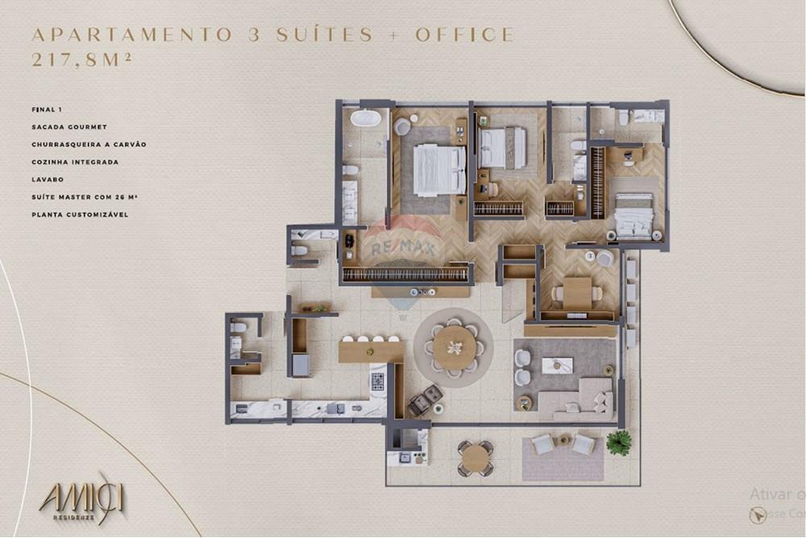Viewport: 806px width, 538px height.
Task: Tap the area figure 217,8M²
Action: tap(81, 59)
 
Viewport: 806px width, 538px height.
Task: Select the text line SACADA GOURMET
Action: tap(69, 127)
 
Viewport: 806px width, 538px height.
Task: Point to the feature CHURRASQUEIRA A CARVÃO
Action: tap(89, 144)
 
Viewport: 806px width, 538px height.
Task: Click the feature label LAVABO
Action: tap(48, 179)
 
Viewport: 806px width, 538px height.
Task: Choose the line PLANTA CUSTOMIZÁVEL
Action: tap(80, 215)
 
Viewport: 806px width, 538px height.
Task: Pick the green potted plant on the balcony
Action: tap(618, 441)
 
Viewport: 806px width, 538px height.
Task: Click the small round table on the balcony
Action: tap(476, 458)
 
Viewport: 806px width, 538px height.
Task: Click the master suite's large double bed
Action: tap(439, 170)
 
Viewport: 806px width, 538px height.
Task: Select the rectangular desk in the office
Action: tap(576, 292)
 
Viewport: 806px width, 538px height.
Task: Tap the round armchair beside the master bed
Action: tap(402, 127)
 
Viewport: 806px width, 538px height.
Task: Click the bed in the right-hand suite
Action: tap(634, 215)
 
